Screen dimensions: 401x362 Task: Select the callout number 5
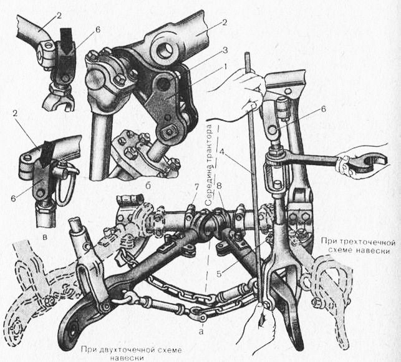[x=219, y=274]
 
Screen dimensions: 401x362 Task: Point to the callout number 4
[x=221, y=151]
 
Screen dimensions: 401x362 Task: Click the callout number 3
[x=225, y=50]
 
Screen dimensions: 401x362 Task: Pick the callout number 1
[x=225, y=67]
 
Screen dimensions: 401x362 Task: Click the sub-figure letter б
[x=148, y=186]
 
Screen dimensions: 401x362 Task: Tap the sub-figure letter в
[x=45, y=237]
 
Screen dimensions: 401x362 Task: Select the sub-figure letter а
[x=201, y=332]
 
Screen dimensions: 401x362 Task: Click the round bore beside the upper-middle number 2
[x=164, y=50]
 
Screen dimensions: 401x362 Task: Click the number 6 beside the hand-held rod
[x=323, y=109]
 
